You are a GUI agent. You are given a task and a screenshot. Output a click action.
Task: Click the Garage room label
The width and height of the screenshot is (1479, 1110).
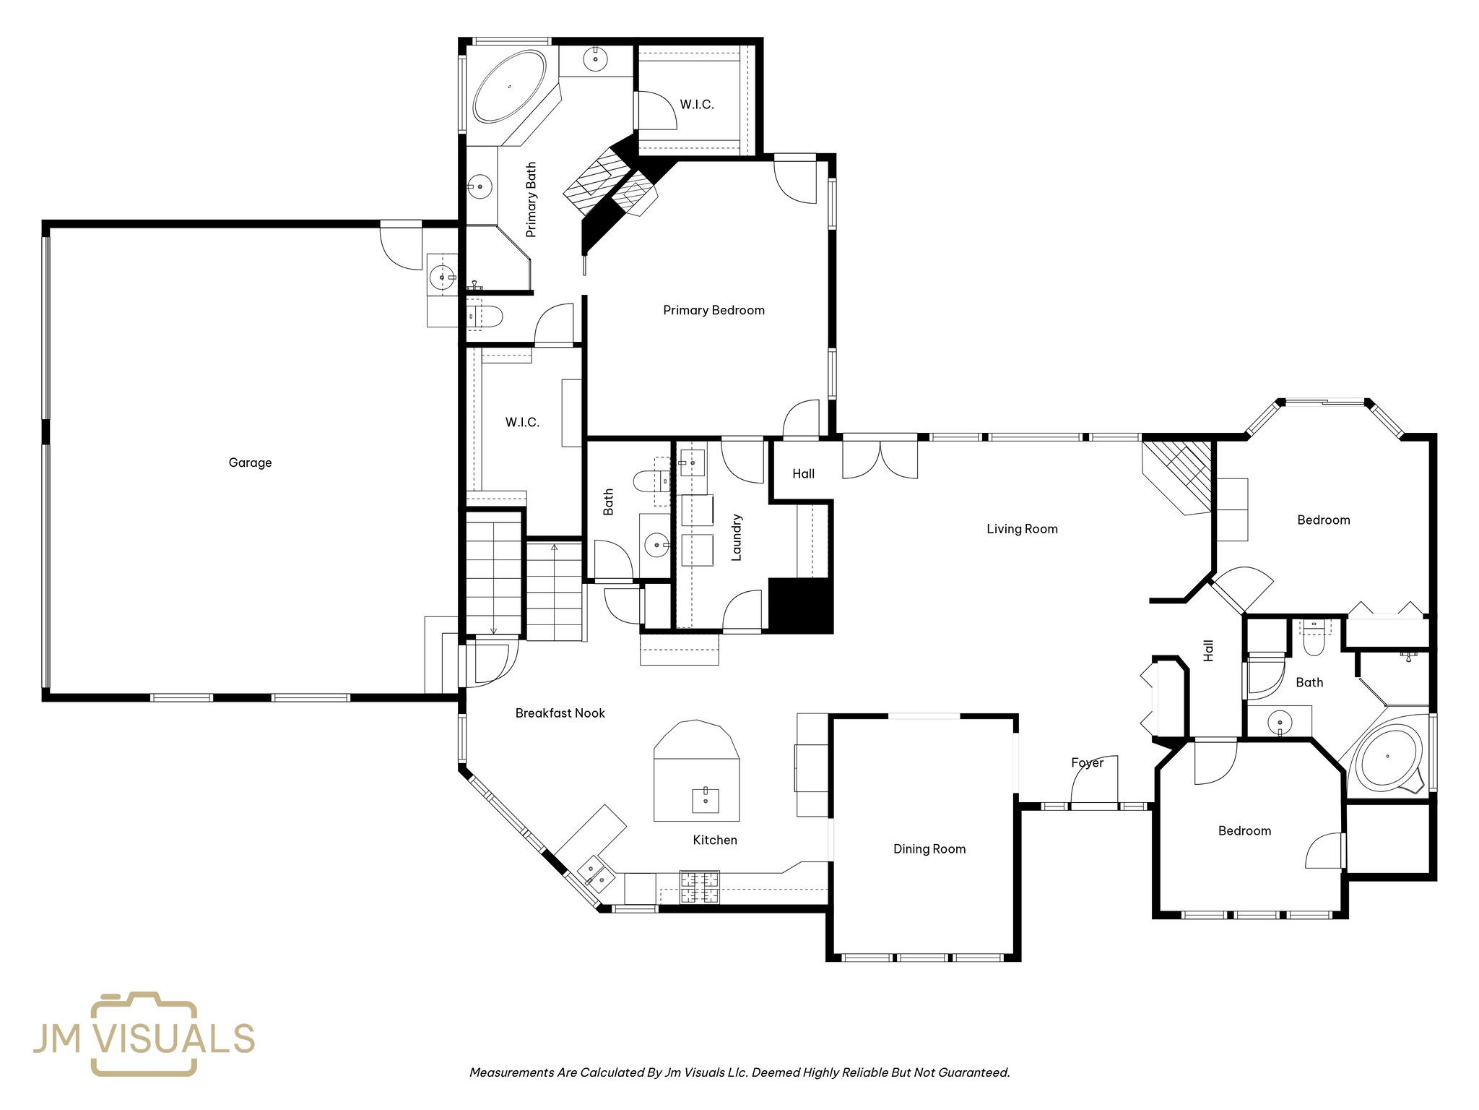(250, 462)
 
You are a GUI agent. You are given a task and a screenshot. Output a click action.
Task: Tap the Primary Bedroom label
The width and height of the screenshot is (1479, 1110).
(714, 310)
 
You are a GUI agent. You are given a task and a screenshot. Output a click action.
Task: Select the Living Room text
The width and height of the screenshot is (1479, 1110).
(1021, 529)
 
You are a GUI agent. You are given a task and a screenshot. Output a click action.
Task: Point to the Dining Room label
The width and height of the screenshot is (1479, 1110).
(929, 849)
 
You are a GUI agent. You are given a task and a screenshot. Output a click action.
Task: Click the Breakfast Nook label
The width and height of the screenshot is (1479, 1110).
(560, 713)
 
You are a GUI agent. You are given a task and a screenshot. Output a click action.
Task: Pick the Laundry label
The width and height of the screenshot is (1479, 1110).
(737, 538)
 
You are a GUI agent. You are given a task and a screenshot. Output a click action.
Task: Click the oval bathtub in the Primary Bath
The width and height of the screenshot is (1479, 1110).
(510, 86)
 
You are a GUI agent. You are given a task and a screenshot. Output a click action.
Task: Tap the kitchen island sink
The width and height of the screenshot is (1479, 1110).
(706, 800)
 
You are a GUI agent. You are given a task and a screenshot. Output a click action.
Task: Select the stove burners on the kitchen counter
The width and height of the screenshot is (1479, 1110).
(699, 888)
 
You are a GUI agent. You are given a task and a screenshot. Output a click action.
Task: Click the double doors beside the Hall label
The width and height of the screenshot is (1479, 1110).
(880, 460)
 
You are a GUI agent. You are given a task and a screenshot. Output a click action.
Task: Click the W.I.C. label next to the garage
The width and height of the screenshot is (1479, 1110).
(522, 422)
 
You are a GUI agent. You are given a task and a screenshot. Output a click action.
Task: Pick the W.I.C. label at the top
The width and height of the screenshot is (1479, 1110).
(696, 105)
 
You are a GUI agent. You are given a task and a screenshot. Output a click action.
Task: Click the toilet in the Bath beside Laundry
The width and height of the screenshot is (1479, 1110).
(648, 480)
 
